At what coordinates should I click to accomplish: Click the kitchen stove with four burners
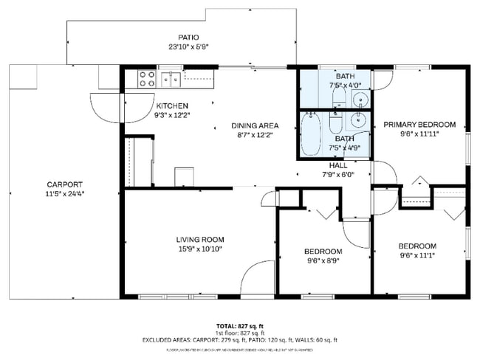pyautogui.click(x=145, y=77)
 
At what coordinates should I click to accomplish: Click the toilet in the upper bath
pyautogui.click(x=337, y=97)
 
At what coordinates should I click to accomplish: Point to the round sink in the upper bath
pyautogui.click(x=361, y=100)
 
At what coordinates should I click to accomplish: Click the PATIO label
pyautogui.click(x=188, y=38)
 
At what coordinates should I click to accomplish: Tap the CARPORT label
pyautogui.click(x=65, y=184)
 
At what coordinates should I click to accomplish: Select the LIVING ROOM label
pyautogui.click(x=200, y=239)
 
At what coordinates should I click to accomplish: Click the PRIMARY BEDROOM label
pyautogui.click(x=419, y=125)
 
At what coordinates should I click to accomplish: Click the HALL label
pyautogui.click(x=338, y=165)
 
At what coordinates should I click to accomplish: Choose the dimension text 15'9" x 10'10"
pyautogui.click(x=200, y=249)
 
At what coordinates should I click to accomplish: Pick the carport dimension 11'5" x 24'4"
pyautogui.click(x=65, y=195)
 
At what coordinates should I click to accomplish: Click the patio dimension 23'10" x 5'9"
pyautogui.click(x=188, y=47)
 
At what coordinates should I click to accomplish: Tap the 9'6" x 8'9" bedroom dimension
pyautogui.click(x=324, y=260)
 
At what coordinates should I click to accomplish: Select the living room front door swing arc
pyautogui.click(x=256, y=277)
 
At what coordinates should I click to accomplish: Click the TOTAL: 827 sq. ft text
pyautogui.click(x=240, y=325)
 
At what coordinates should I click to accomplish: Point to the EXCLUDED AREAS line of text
pyautogui.click(x=240, y=340)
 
